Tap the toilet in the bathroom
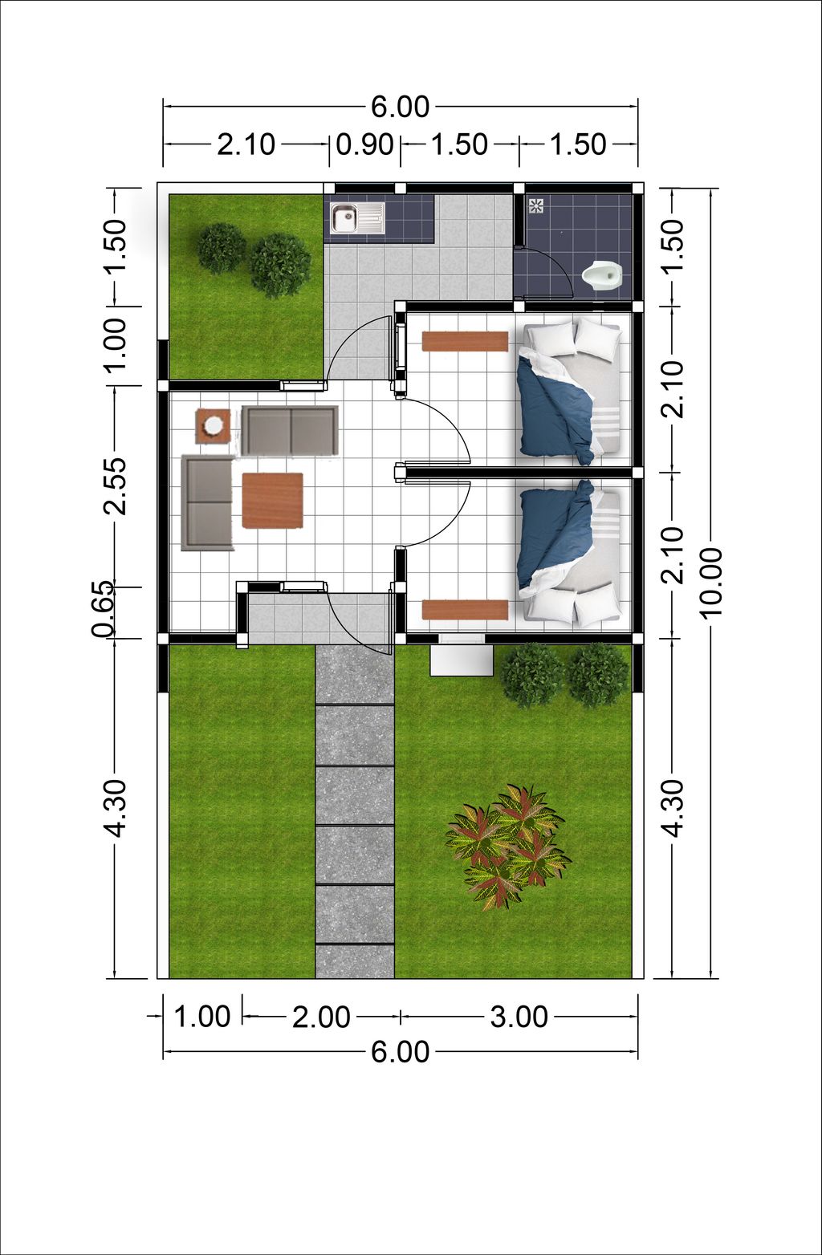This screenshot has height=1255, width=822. pyautogui.click(x=602, y=277)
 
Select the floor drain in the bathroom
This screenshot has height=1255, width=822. pyautogui.click(x=536, y=205)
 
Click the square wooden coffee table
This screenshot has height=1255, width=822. pyautogui.click(x=272, y=501)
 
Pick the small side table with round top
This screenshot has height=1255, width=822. pyautogui.click(x=213, y=426)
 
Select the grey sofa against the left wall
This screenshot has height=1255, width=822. pyautogui.click(x=207, y=503)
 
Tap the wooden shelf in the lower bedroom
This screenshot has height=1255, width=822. pyautogui.click(x=465, y=610)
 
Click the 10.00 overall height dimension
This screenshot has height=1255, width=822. pyautogui.click(x=711, y=583)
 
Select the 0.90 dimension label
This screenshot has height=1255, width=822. pyautogui.click(x=364, y=145)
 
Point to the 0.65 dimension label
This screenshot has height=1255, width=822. pyautogui.click(x=103, y=611)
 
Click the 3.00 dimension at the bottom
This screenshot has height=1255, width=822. pyautogui.click(x=519, y=1017)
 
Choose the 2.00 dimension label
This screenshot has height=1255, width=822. pyautogui.click(x=320, y=1017)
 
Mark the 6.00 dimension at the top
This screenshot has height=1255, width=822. pyautogui.click(x=400, y=107)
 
